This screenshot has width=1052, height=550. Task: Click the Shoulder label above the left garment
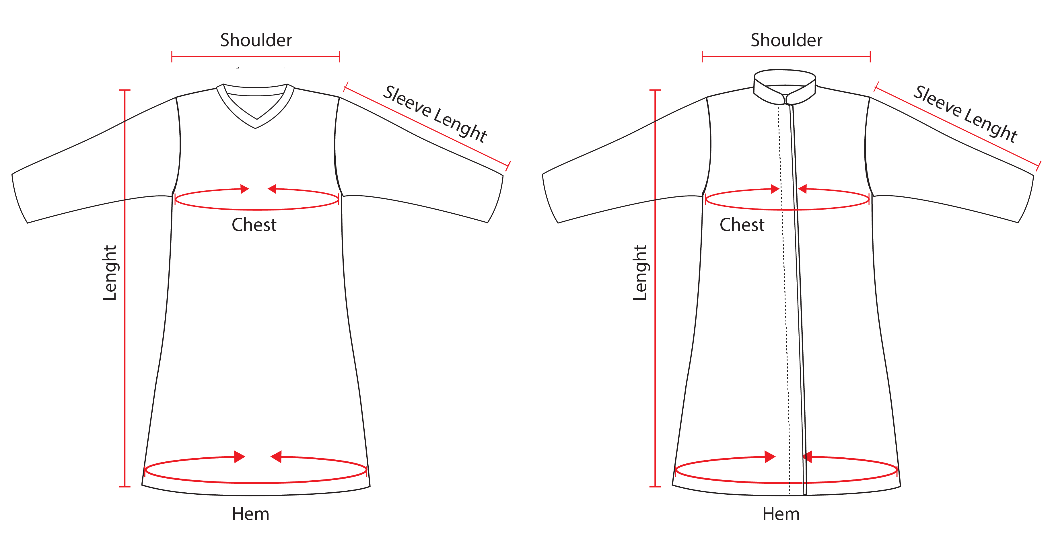pos(256,40)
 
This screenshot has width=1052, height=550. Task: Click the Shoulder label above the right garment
pos(786,40)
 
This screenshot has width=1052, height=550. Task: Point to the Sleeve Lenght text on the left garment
pos(435,114)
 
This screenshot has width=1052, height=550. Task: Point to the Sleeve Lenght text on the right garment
pos(965,114)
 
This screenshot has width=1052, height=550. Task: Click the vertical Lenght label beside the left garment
pos(110,273)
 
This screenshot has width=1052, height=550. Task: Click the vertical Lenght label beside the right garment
pos(640,273)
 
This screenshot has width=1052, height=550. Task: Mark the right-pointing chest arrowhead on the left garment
pos(245,189)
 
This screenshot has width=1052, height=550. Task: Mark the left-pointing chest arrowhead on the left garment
pos(272,189)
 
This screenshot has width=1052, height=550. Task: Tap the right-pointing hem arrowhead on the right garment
pos(770,457)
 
